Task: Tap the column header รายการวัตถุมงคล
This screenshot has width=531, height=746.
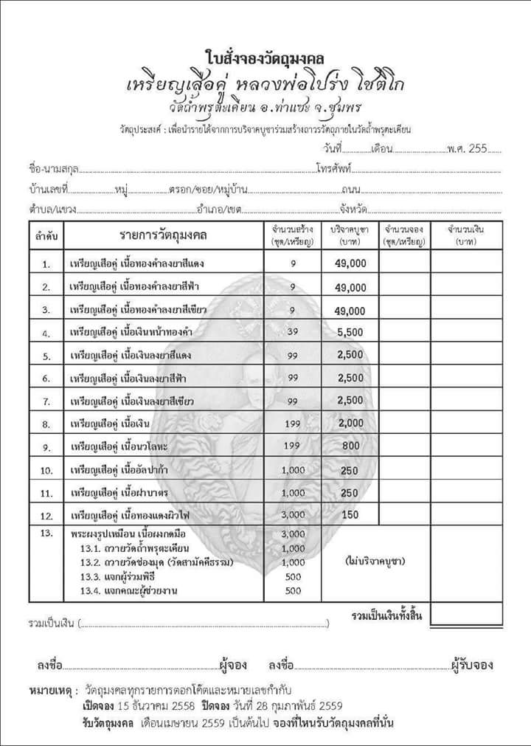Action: [164, 235]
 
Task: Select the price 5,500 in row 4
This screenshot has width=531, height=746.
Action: [350, 333]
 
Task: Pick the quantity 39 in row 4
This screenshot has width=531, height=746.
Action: [293, 333]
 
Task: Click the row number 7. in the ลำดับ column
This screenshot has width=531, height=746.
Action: [46, 402]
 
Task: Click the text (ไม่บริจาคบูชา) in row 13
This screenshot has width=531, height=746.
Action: [375, 562]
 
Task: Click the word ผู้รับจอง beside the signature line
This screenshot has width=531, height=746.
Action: [472, 665]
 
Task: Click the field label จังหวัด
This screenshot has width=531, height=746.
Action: [354, 210]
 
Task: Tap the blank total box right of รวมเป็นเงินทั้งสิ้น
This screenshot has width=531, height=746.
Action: [466, 615]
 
